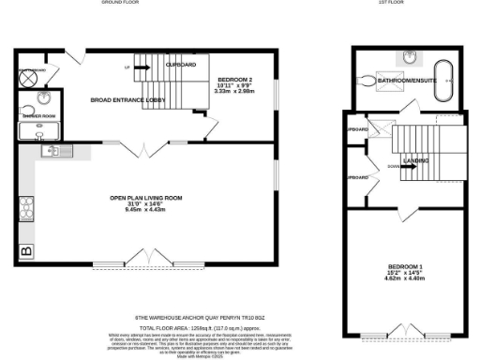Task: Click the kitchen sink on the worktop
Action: pos(50,150)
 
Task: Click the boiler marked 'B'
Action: pos(25,250)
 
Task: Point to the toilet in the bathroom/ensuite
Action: pos(367,82)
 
